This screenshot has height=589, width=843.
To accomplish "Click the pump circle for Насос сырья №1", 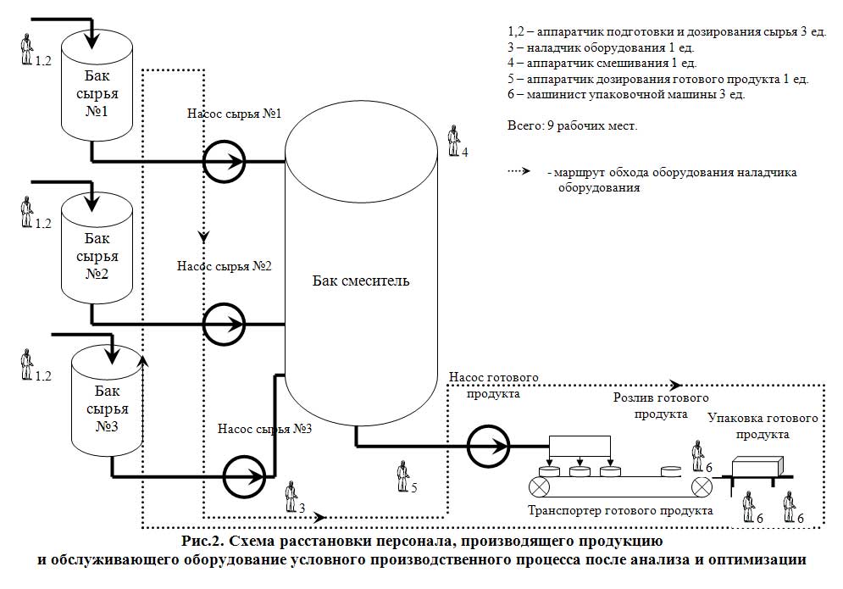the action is coord(204,161).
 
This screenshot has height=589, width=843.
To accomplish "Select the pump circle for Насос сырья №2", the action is coord(204,325).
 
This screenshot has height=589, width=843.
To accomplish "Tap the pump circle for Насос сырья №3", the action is coord(225,476).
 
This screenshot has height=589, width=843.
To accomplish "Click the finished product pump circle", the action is coord(468,446).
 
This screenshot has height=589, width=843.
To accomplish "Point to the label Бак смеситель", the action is coord(361,281).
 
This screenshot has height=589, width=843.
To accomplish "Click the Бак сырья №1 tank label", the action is coord(97,93).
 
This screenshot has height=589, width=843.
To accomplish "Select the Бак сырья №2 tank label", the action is coord(97,256).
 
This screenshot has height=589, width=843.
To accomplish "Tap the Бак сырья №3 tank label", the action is coord(107,408).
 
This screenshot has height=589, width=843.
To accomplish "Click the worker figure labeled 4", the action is coord(454,141).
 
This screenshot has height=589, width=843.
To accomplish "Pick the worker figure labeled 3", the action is coord(291,497).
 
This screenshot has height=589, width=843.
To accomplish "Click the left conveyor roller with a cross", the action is coord(539,487).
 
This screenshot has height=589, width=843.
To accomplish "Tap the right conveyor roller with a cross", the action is coord(701,487).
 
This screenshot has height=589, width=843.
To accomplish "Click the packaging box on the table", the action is coord(757,466).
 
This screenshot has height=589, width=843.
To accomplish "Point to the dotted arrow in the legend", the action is coord(519,171).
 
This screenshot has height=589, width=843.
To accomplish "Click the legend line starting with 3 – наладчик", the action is coord(601,47).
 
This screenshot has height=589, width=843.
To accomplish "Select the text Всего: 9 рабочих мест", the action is coord(572,126).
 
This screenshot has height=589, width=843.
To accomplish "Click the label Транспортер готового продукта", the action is coord(620,510).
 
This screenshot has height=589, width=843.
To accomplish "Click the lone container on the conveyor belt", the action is coord(671,471).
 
